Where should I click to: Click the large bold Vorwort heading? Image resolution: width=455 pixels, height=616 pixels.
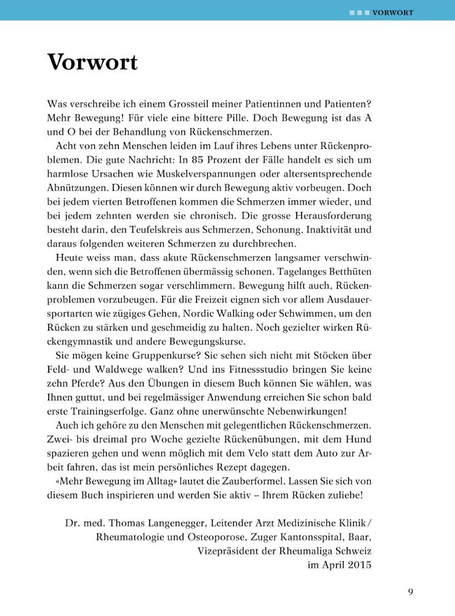(92, 62)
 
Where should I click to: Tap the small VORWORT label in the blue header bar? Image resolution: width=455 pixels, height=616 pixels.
(392, 12)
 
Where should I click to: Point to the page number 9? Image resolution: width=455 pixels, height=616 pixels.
(411, 593)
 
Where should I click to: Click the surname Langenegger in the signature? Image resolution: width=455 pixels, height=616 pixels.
(188, 522)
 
